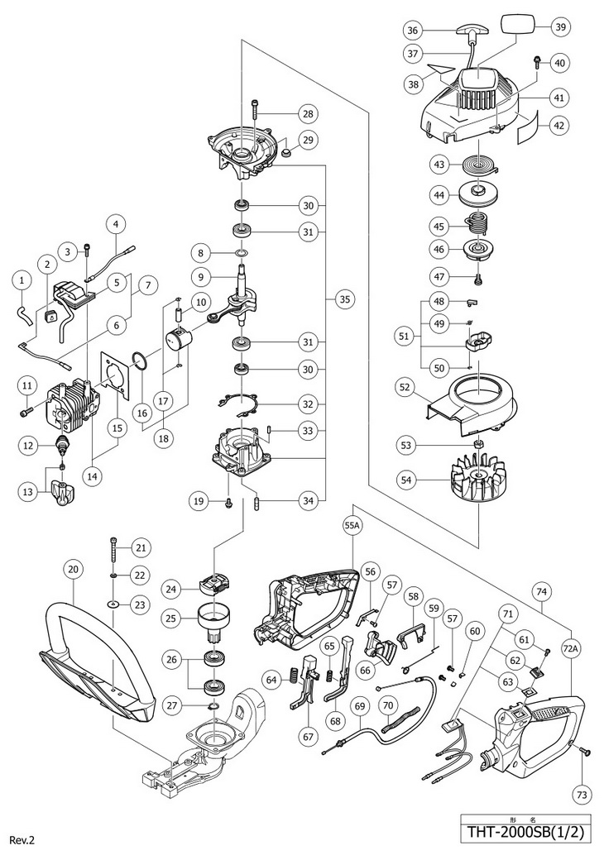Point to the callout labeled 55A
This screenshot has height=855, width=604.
352,525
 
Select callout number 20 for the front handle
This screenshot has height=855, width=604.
74,569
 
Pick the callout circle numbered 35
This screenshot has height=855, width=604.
343,302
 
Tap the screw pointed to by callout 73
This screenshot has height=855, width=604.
583,751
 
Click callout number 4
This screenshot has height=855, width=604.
116,223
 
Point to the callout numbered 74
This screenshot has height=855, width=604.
542,592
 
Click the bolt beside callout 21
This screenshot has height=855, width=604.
113,547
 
